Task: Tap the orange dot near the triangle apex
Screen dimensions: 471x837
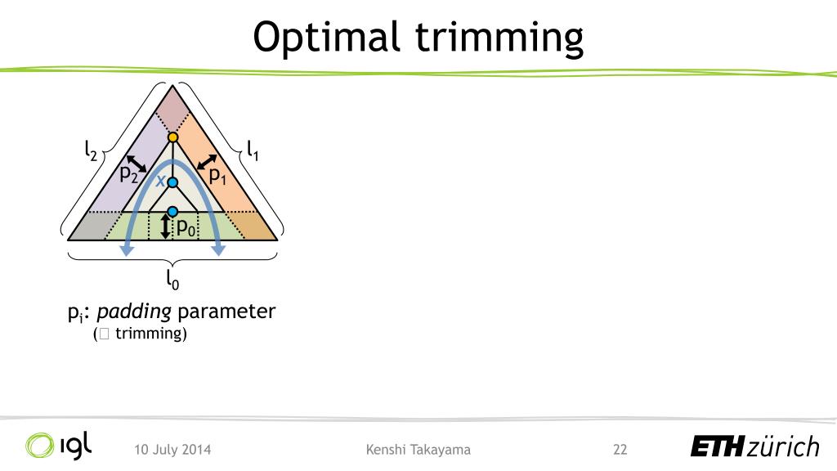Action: (172, 137)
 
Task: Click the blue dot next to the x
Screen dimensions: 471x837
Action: (172, 182)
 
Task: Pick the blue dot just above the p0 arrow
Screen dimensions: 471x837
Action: (172, 212)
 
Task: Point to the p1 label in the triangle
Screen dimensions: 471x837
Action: (217, 175)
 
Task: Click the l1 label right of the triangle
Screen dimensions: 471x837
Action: (253, 150)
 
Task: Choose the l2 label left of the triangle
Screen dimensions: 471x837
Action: (91, 150)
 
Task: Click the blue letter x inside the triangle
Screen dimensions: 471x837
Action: (160, 181)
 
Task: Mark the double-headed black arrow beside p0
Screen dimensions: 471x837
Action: (166, 227)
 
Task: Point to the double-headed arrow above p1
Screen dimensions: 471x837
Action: (208, 162)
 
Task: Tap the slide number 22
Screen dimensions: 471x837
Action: (620, 449)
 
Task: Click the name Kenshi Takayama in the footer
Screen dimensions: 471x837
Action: (418, 449)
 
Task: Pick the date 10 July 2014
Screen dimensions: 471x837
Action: (172, 449)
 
